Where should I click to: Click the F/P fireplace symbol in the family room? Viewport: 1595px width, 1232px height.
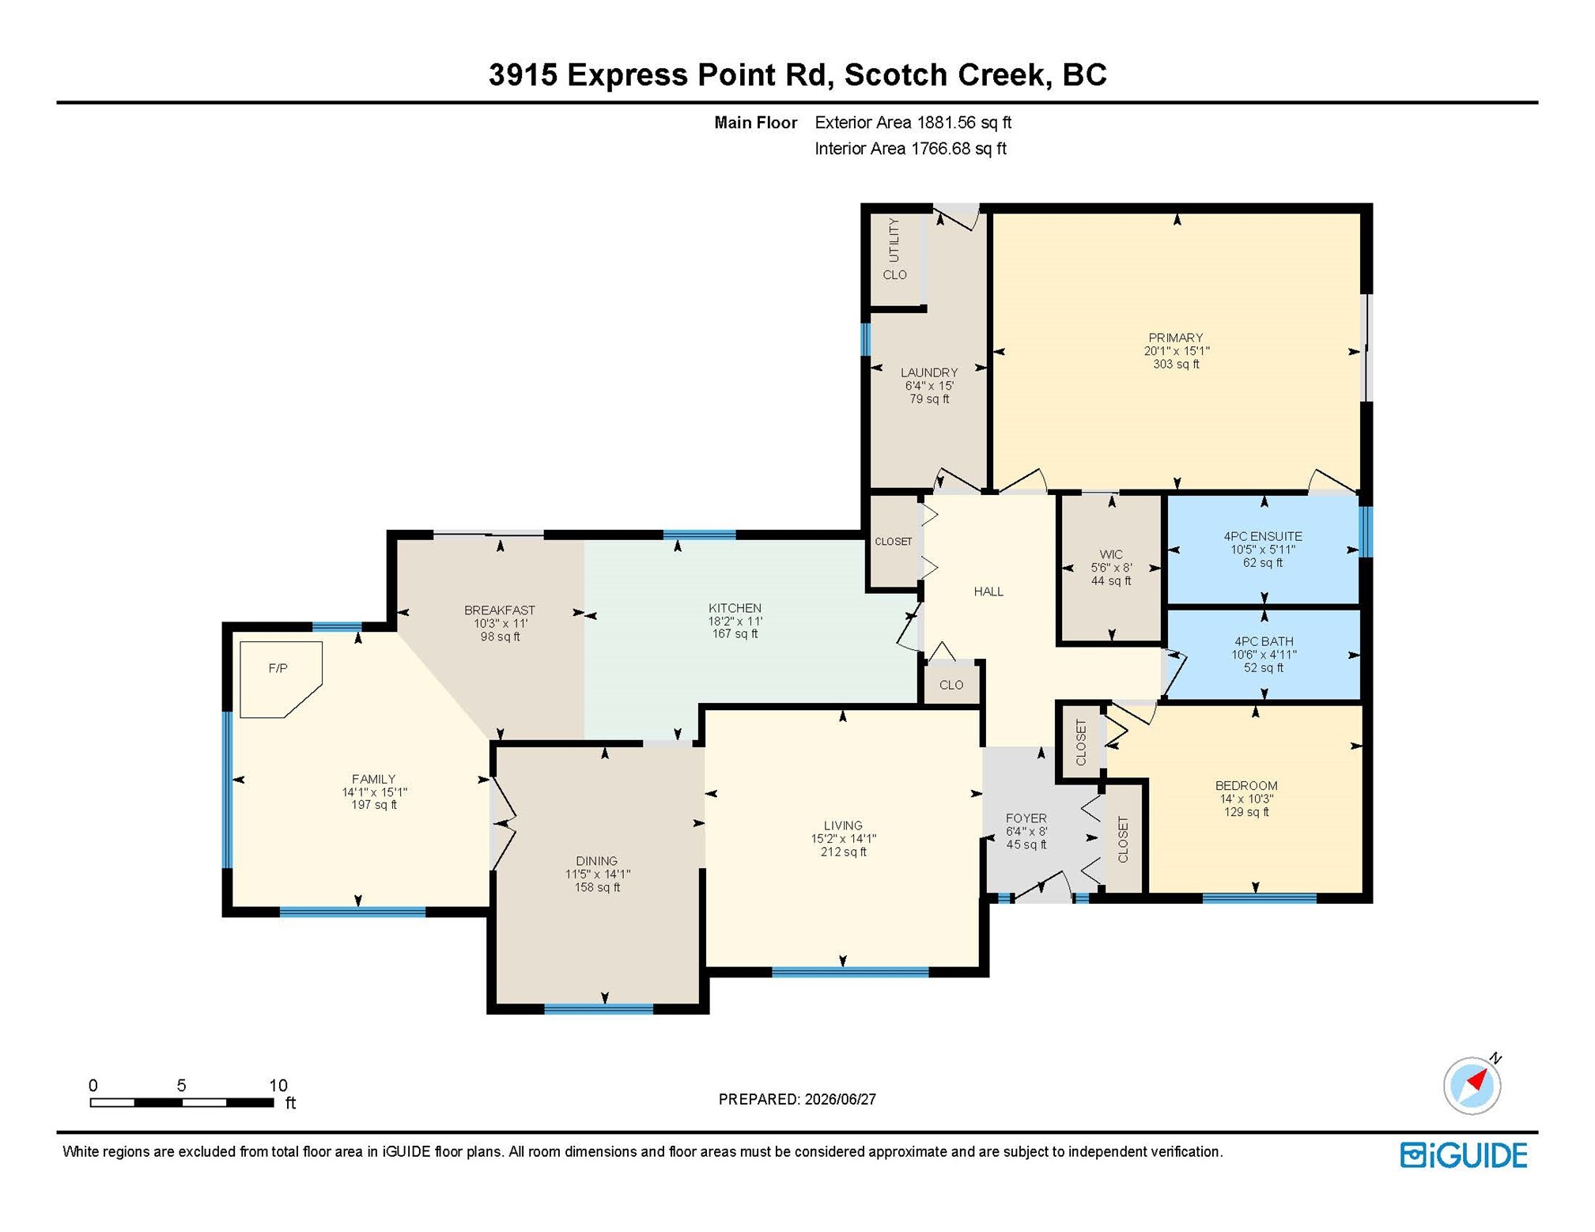click(281, 679)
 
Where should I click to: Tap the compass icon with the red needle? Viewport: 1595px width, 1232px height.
click(1472, 1085)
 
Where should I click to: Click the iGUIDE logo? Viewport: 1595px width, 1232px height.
click(1464, 1155)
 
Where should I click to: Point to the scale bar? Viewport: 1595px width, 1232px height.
click(182, 1102)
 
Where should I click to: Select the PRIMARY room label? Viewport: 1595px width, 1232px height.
click(1176, 338)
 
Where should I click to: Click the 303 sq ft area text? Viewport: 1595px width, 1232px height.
click(1176, 365)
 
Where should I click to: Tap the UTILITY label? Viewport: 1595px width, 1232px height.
click(894, 240)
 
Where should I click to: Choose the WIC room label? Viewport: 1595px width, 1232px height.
click(1111, 554)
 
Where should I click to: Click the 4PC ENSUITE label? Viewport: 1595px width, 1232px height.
click(1263, 536)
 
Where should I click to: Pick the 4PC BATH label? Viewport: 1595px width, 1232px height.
click(1264, 641)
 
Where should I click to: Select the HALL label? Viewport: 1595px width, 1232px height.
click(988, 591)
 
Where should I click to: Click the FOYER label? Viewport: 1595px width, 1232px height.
click(1026, 818)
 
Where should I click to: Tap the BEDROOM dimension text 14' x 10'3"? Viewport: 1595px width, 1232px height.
click(1246, 799)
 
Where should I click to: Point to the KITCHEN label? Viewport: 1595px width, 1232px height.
click(735, 608)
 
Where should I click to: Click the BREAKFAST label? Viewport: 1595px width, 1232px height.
click(500, 610)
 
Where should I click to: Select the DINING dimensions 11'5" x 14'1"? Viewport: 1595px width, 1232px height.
click(597, 874)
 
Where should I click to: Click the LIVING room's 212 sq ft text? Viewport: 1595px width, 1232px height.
click(843, 852)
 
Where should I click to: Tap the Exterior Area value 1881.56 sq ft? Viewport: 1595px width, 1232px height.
click(964, 123)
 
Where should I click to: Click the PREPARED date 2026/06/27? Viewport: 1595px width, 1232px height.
click(841, 1099)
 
